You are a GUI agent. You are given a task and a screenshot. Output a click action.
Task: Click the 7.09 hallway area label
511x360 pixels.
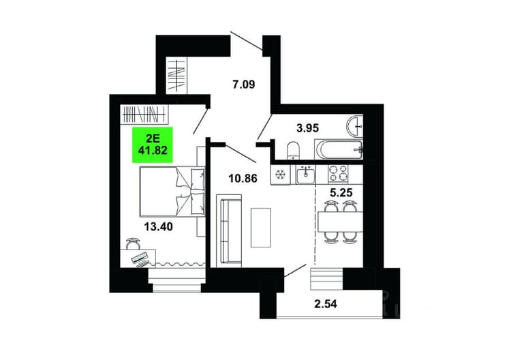(x=243, y=85)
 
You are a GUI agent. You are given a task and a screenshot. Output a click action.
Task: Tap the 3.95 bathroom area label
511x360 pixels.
(x=307, y=128)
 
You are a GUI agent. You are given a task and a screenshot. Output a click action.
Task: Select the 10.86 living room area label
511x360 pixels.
(x=243, y=179)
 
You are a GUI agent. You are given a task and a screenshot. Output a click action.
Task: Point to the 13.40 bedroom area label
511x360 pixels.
(x=158, y=226)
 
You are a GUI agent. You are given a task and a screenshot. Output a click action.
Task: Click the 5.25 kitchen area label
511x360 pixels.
(x=341, y=193)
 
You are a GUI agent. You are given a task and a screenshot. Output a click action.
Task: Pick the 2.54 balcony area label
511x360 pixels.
(x=326, y=304)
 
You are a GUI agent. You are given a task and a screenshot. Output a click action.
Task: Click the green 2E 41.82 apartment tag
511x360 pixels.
(x=152, y=145)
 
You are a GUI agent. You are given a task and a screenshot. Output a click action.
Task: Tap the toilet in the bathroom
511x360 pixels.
(x=294, y=151)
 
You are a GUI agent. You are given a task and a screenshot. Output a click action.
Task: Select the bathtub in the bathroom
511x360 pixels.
(x=338, y=150)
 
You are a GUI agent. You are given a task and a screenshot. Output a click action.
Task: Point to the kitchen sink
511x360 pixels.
(x=305, y=175)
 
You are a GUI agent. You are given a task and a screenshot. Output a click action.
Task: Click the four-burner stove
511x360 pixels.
(x=338, y=173)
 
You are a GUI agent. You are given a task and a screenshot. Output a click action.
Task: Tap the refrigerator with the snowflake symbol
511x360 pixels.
(x=279, y=175)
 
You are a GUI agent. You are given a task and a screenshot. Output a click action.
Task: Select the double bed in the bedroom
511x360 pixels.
(x=172, y=192)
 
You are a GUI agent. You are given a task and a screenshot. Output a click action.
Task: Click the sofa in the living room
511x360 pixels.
(x=230, y=230)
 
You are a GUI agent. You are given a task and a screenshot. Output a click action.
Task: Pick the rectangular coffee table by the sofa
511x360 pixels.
(x=261, y=228)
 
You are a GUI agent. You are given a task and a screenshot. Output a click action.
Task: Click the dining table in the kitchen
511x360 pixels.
(x=340, y=222)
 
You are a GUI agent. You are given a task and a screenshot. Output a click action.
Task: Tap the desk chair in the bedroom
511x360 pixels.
(x=134, y=243)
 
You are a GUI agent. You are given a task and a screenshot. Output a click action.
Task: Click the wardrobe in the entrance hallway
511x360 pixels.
(x=176, y=76)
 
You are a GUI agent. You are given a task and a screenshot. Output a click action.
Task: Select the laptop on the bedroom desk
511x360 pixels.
(x=140, y=258)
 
